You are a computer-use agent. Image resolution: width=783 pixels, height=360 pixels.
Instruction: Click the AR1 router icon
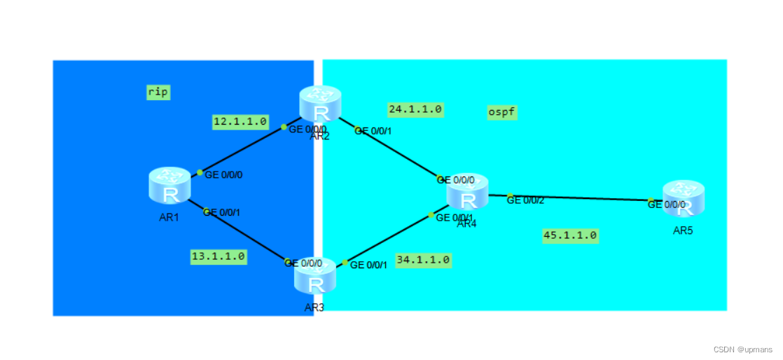pos(170,186)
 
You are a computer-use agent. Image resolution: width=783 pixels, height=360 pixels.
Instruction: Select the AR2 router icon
pos(320,104)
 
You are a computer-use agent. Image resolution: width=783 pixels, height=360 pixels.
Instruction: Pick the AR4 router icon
pos(467,192)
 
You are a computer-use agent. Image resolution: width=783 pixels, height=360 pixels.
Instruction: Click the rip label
pos(158,92)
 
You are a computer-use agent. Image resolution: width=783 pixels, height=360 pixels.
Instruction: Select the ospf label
pos(502,112)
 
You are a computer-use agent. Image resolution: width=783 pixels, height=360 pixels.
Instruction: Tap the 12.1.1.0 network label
pos(240,122)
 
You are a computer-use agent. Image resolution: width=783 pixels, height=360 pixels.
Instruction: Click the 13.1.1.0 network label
pos(219,256)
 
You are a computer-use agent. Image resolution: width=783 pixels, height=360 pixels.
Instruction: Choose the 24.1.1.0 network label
pos(415,109)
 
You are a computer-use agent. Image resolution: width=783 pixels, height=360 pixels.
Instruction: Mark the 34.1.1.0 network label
pos(423,260)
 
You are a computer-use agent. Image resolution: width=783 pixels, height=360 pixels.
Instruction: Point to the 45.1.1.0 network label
pos(570,235)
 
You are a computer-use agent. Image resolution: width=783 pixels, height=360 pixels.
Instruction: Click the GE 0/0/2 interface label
pos(525,200)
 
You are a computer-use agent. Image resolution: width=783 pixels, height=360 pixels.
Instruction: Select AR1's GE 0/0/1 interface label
pos(223,212)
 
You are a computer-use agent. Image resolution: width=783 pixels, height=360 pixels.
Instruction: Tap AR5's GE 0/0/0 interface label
pos(667,205)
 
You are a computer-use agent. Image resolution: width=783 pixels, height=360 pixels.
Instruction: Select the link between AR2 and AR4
pos(396,152)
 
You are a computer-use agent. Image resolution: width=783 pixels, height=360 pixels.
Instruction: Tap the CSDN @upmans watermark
pos(742,349)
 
